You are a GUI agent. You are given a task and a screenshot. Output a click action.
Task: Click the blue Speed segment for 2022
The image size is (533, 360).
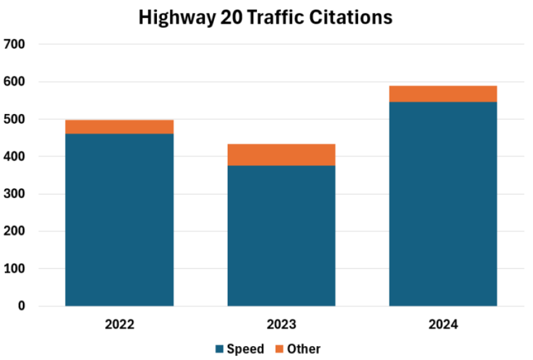[x=119, y=219]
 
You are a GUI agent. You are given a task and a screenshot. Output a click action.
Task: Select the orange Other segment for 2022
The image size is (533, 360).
[x=119, y=127]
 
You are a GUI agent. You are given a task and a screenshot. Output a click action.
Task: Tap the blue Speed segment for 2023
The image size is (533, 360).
[x=281, y=236]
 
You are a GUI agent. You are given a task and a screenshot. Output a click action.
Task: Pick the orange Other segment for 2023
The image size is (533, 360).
[x=281, y=155]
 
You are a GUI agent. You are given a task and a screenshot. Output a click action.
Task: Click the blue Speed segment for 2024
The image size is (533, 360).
[x=443, y=204]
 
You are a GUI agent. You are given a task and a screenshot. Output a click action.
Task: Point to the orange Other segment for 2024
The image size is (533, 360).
[x=443, y=94]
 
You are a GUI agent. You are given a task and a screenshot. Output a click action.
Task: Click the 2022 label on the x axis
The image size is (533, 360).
[x=119, y=324]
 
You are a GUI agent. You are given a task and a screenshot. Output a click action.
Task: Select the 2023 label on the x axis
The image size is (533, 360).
[x=281, y=324]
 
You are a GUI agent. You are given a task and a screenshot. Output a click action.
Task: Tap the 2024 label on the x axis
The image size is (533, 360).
[x=443, y=324]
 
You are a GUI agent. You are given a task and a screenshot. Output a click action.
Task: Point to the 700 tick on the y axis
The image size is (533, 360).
[x=14, y=44]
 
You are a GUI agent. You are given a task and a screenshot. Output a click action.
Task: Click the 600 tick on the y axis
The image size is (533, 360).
[x=14, y=82]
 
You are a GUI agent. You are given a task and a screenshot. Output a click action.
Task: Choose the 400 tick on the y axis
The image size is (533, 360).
[x=14, y=156]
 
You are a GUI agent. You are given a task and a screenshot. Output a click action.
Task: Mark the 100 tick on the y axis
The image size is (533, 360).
[x=14, y=268]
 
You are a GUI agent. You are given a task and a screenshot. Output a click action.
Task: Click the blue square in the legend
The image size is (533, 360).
[x=219, y=349]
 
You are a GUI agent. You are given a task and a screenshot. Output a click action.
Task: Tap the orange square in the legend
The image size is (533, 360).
[x=279, y=349]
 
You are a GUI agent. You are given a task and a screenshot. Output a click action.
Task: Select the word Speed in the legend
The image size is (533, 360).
[x=245, y=349]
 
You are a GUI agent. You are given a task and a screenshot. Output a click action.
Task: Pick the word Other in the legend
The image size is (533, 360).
[x=303, y=349]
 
